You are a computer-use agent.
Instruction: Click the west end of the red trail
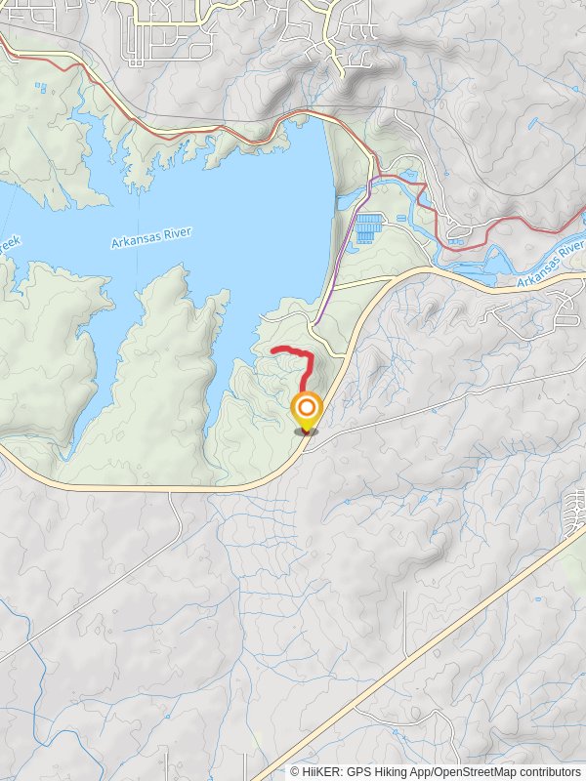[x=272, y=349]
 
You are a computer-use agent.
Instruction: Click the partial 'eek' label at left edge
[x=8, y=241]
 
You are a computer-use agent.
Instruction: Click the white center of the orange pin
[x=307, y=407]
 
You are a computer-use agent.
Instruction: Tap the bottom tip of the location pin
[x=307, y=432]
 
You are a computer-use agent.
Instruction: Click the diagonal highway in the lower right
[x=439, y=635]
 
